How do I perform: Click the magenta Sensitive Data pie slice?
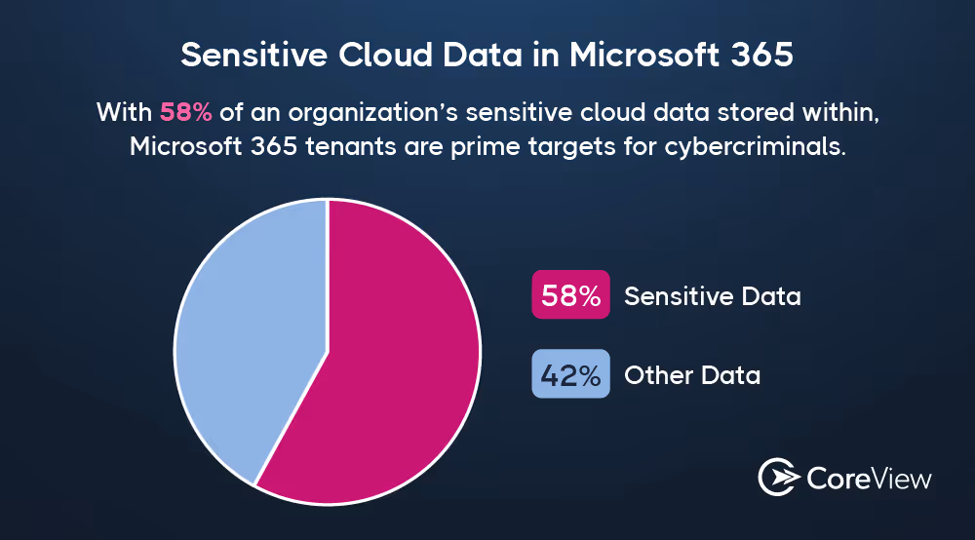(400, 370)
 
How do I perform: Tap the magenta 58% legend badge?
(570, 295)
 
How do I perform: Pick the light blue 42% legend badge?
(570, 374)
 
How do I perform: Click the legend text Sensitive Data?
(712, 296)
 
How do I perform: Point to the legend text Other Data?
(691, 375)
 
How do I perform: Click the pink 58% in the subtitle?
(185, 112)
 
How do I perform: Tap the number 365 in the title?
(761, 55)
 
